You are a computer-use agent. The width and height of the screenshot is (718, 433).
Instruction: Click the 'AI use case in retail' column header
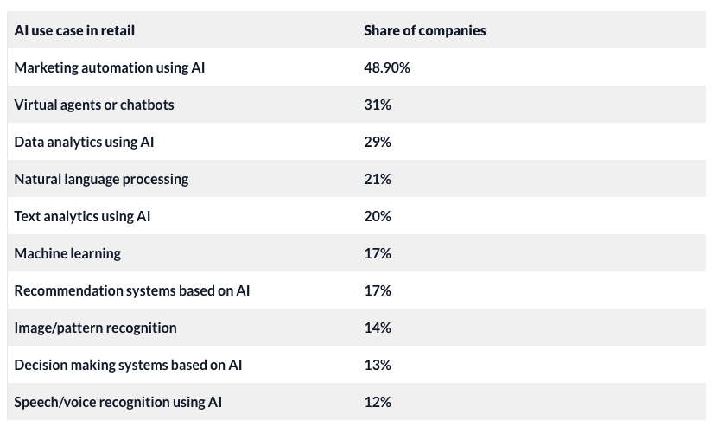point(74,30)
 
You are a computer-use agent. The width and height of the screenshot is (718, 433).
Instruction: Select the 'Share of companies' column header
point(424,30)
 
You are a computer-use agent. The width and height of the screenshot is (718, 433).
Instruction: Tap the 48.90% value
point(386,67)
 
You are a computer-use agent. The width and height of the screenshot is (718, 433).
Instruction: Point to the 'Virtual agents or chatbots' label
point(94,105)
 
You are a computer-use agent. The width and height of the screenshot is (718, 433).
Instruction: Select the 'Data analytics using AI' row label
point(84,142)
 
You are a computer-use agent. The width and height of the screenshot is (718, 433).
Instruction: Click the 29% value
point(377,142)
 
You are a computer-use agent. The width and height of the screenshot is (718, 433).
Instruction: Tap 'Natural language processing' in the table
point(101,179)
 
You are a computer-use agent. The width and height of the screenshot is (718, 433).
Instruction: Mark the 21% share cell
point(377,179)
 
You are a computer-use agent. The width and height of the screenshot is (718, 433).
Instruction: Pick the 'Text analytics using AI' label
point(82,216)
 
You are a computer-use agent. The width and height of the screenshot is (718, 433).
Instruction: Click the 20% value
point(377,216)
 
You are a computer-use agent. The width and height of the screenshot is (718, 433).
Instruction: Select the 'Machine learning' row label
point(67,253)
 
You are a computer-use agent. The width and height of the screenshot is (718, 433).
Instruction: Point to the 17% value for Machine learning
point(377,253)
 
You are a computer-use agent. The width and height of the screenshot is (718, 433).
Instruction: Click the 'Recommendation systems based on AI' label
point(131,290)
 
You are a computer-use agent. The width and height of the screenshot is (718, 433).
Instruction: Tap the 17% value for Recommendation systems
point(377,290)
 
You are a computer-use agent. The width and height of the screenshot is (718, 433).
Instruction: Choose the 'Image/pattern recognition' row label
point(95,328)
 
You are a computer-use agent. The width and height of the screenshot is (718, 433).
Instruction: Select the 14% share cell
point(377,328)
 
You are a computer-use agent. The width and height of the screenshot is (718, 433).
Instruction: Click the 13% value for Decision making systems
point(377,365)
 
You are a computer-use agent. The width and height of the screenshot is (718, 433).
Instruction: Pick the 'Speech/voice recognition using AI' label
point(118,402)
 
